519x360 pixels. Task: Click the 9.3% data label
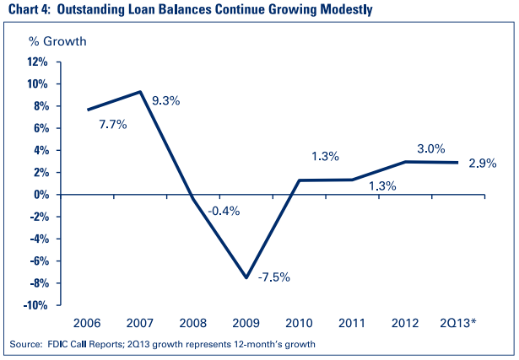coord(165,101)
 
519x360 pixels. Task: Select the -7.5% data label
coord(274,277)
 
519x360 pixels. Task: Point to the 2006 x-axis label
coord(89,324)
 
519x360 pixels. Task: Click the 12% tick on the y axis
coord(38,62)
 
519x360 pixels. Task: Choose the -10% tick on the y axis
coord(36,305)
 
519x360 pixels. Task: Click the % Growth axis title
coord(57,40)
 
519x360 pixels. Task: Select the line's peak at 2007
coord(140,92)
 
